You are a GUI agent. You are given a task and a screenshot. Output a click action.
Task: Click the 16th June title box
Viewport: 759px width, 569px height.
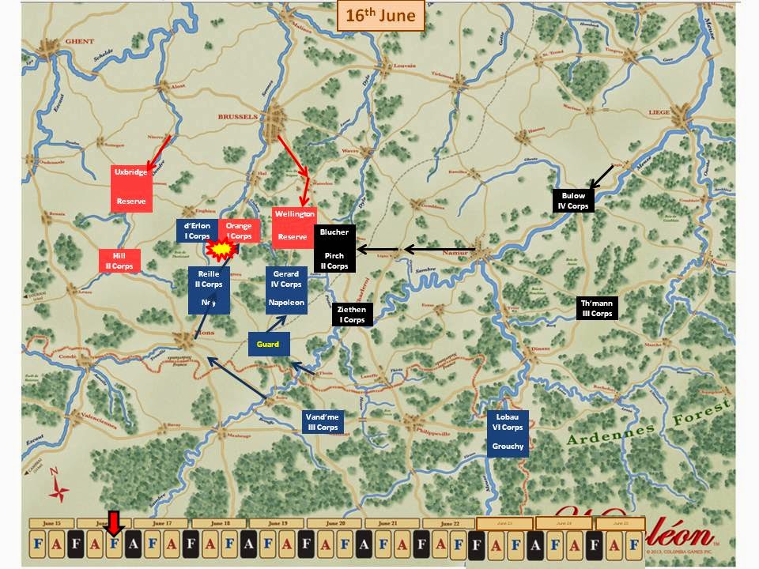pos(381,16)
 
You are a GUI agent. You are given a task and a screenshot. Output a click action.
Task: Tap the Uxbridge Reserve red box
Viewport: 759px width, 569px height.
pos(131,187)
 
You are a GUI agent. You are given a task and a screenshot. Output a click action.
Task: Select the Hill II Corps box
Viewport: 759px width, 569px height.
pos(119,261)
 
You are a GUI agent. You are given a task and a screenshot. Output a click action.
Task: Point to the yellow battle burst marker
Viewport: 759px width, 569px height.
pos(221,250)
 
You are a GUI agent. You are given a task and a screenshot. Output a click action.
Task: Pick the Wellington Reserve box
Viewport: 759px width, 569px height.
pos(293,226)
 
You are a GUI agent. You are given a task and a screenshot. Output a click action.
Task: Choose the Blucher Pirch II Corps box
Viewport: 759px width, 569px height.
pos(334,250)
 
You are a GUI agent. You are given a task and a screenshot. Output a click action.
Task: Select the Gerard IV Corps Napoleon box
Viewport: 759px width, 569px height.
pos(286,289)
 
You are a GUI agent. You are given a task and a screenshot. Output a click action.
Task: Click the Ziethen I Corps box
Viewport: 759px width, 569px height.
pos(352,315)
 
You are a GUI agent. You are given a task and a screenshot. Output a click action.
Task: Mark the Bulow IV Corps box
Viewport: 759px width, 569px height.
pos(572,200)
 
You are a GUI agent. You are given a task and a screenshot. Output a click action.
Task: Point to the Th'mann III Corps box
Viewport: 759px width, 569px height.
pos(597,308)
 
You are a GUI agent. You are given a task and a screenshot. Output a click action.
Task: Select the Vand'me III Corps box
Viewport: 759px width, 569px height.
pos(322,421)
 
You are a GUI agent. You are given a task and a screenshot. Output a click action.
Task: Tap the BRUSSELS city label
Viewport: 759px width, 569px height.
pos(238,116)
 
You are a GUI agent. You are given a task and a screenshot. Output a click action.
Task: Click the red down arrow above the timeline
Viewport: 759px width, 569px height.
pos(114,522)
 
